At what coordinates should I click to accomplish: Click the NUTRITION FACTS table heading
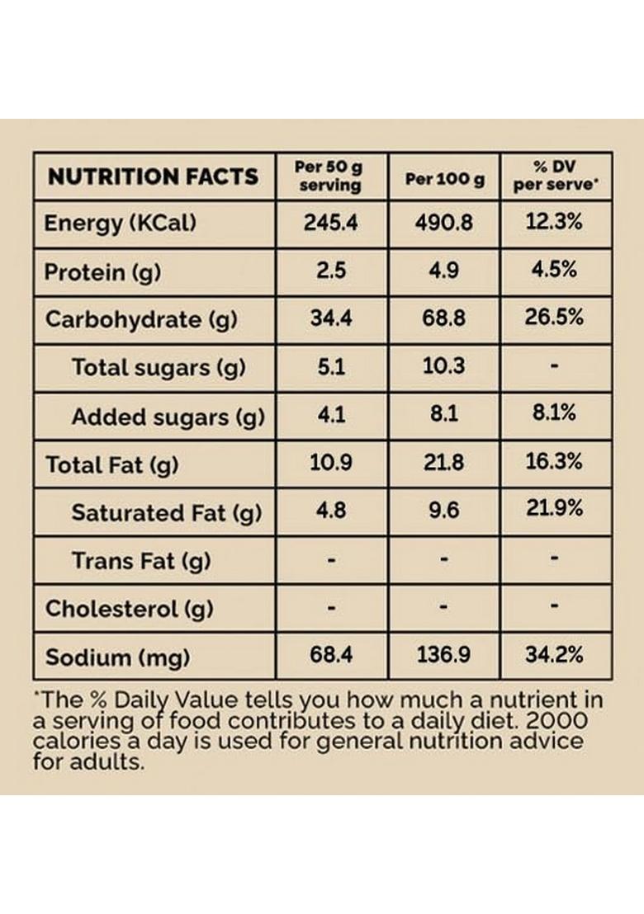point(153,177)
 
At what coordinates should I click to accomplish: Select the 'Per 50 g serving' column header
point(329,177)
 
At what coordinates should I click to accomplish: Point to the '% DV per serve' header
point(555,177)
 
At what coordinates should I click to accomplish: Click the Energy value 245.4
point(330,224)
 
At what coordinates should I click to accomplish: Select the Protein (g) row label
point(102,271)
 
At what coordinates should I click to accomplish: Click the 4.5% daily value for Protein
point(555,270)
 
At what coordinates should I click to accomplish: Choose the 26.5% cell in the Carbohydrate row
point(555,318)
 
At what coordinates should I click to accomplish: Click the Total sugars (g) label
point(159,367)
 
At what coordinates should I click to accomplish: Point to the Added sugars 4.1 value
point(330,415)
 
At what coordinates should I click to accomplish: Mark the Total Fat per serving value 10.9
point(330,463)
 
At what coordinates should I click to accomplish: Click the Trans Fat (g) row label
point(140,561)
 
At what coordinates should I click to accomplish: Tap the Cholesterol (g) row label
point(129,610)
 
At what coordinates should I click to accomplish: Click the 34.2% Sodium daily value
point(555,656)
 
